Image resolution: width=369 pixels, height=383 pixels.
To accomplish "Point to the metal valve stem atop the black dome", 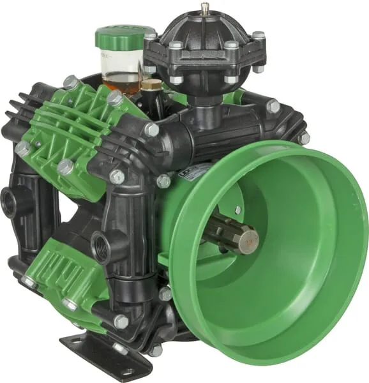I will click(204, 9).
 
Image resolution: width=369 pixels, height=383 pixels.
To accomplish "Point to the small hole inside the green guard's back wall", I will click(237, 210).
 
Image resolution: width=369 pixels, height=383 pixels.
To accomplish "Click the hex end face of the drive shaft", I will click(249, 241).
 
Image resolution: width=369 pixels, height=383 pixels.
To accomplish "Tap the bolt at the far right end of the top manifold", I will click(304, 137).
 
